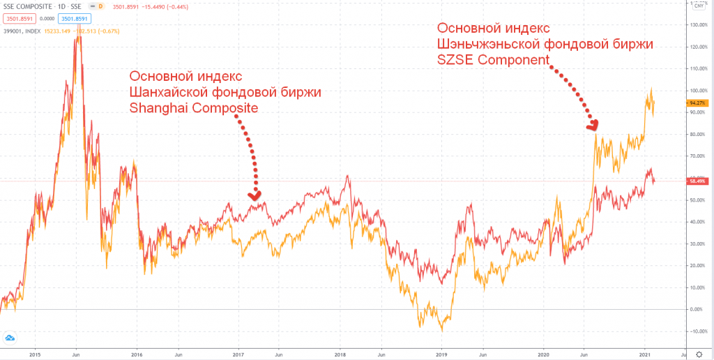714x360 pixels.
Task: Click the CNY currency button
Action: pos(697,6)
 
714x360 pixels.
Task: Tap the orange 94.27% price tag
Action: pos(698,102)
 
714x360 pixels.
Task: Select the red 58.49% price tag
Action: pos(698,181)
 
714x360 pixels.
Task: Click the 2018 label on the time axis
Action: pos(340,354)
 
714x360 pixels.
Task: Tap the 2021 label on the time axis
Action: pos(645,354)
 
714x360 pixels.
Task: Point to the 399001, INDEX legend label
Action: pos(22,31)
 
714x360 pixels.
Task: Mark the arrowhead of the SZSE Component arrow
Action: pos(593,125)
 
